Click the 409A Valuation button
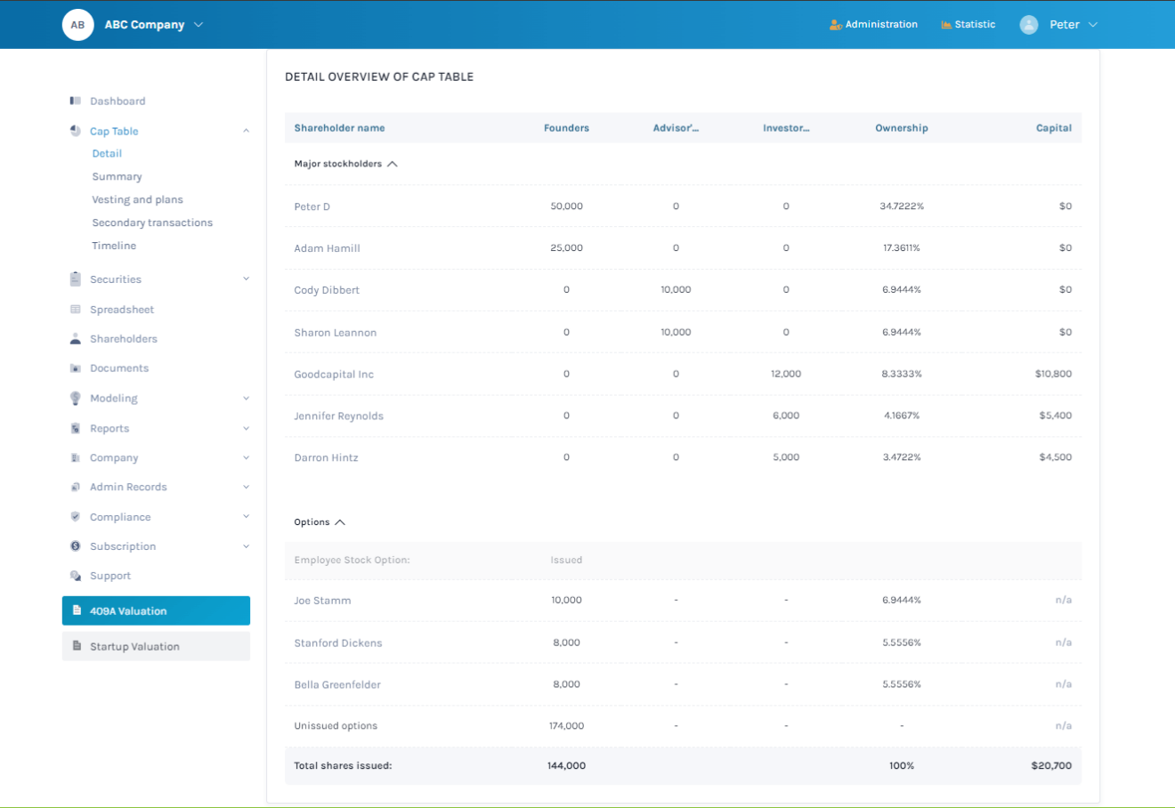(156, 611)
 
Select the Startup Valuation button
(156, 647)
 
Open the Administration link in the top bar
(873, 25)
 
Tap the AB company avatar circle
(77, 25)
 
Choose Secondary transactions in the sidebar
(152, 222)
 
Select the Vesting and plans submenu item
(137, 200)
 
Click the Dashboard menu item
(117, 101)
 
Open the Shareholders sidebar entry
(123, 339)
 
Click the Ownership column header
(901, 128)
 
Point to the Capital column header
(1053, 128)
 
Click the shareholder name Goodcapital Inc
(334, 375)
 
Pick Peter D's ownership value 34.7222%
(901, 206)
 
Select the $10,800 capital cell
(1053, 374)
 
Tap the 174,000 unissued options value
(566, 726)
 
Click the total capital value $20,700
(1050, 765)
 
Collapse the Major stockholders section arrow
(393, 164)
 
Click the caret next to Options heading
(339, 522)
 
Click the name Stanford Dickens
(337, 643)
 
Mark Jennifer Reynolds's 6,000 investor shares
(785, 416)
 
